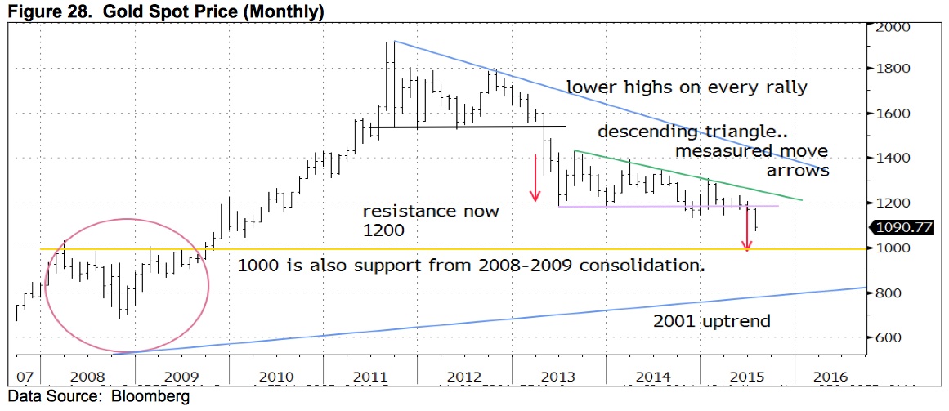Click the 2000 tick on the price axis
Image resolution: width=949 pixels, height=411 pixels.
894,26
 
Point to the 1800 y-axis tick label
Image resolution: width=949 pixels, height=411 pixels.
894,69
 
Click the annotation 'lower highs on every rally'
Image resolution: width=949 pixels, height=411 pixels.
687,87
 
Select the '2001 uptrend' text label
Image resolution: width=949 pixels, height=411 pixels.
711,321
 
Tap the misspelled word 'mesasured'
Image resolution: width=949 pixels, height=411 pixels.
712,151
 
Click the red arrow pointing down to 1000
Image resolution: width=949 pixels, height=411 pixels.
746,230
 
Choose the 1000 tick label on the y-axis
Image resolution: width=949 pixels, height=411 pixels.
894,248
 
